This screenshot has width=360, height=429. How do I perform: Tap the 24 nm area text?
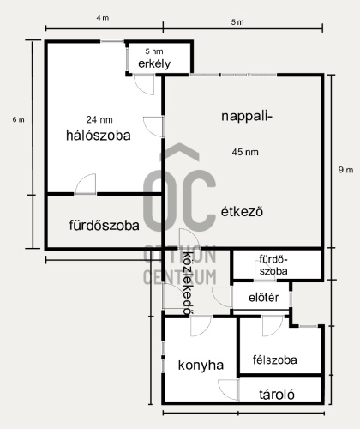[x=99, y=118]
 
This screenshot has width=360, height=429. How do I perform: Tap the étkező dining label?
[x=241, y=210]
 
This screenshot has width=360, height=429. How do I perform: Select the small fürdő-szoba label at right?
[x=273, y=264]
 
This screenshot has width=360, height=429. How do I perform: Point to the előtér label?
[x=262, y=298]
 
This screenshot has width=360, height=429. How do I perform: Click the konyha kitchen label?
[x=201, y=365]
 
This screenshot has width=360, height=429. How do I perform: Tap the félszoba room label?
[x=274, y=360]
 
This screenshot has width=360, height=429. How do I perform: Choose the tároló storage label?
[x=277, y=396]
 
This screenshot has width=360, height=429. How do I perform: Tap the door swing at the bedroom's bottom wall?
[x=86, y=184]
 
